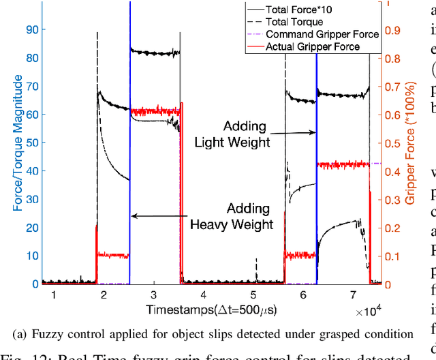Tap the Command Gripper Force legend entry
[314, 34]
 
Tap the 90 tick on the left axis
[31, 29]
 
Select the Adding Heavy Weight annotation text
[232, 216]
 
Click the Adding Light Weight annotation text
[232, 135]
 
